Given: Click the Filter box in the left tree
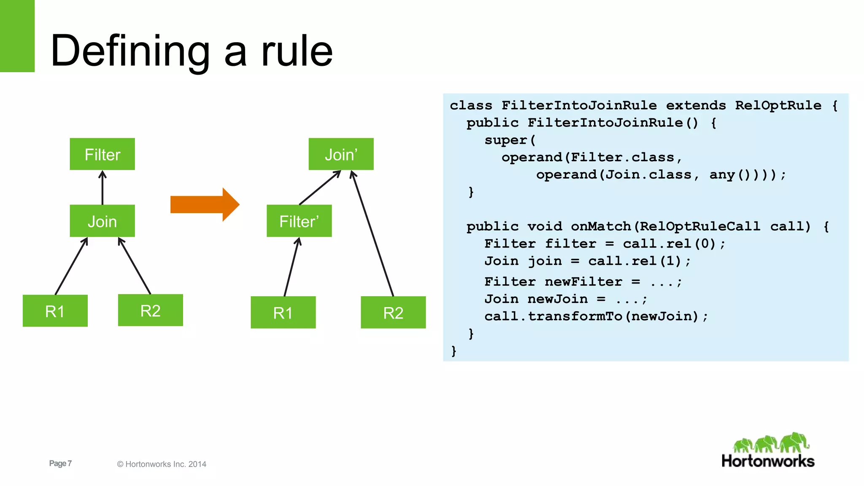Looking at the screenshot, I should (102, 154).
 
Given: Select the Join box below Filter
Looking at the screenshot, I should (102, 221).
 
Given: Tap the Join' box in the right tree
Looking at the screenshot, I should (341, 154).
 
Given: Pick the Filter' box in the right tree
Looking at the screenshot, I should (299, 221).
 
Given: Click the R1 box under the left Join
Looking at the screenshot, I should (55, 311).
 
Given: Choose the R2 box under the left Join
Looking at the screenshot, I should (150, 310).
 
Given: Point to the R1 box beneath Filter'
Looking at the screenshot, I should (283, 312).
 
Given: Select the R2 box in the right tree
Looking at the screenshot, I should (393, 312).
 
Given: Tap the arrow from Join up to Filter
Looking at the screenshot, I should (102, 188).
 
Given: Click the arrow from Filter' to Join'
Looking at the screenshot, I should (320, 187).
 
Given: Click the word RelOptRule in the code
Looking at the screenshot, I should (778, 105).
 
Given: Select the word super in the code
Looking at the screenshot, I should (505, 140).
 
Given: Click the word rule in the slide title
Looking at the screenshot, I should (297, 51).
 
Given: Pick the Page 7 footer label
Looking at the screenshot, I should (60, 463).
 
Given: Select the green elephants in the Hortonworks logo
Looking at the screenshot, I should (770, 443).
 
